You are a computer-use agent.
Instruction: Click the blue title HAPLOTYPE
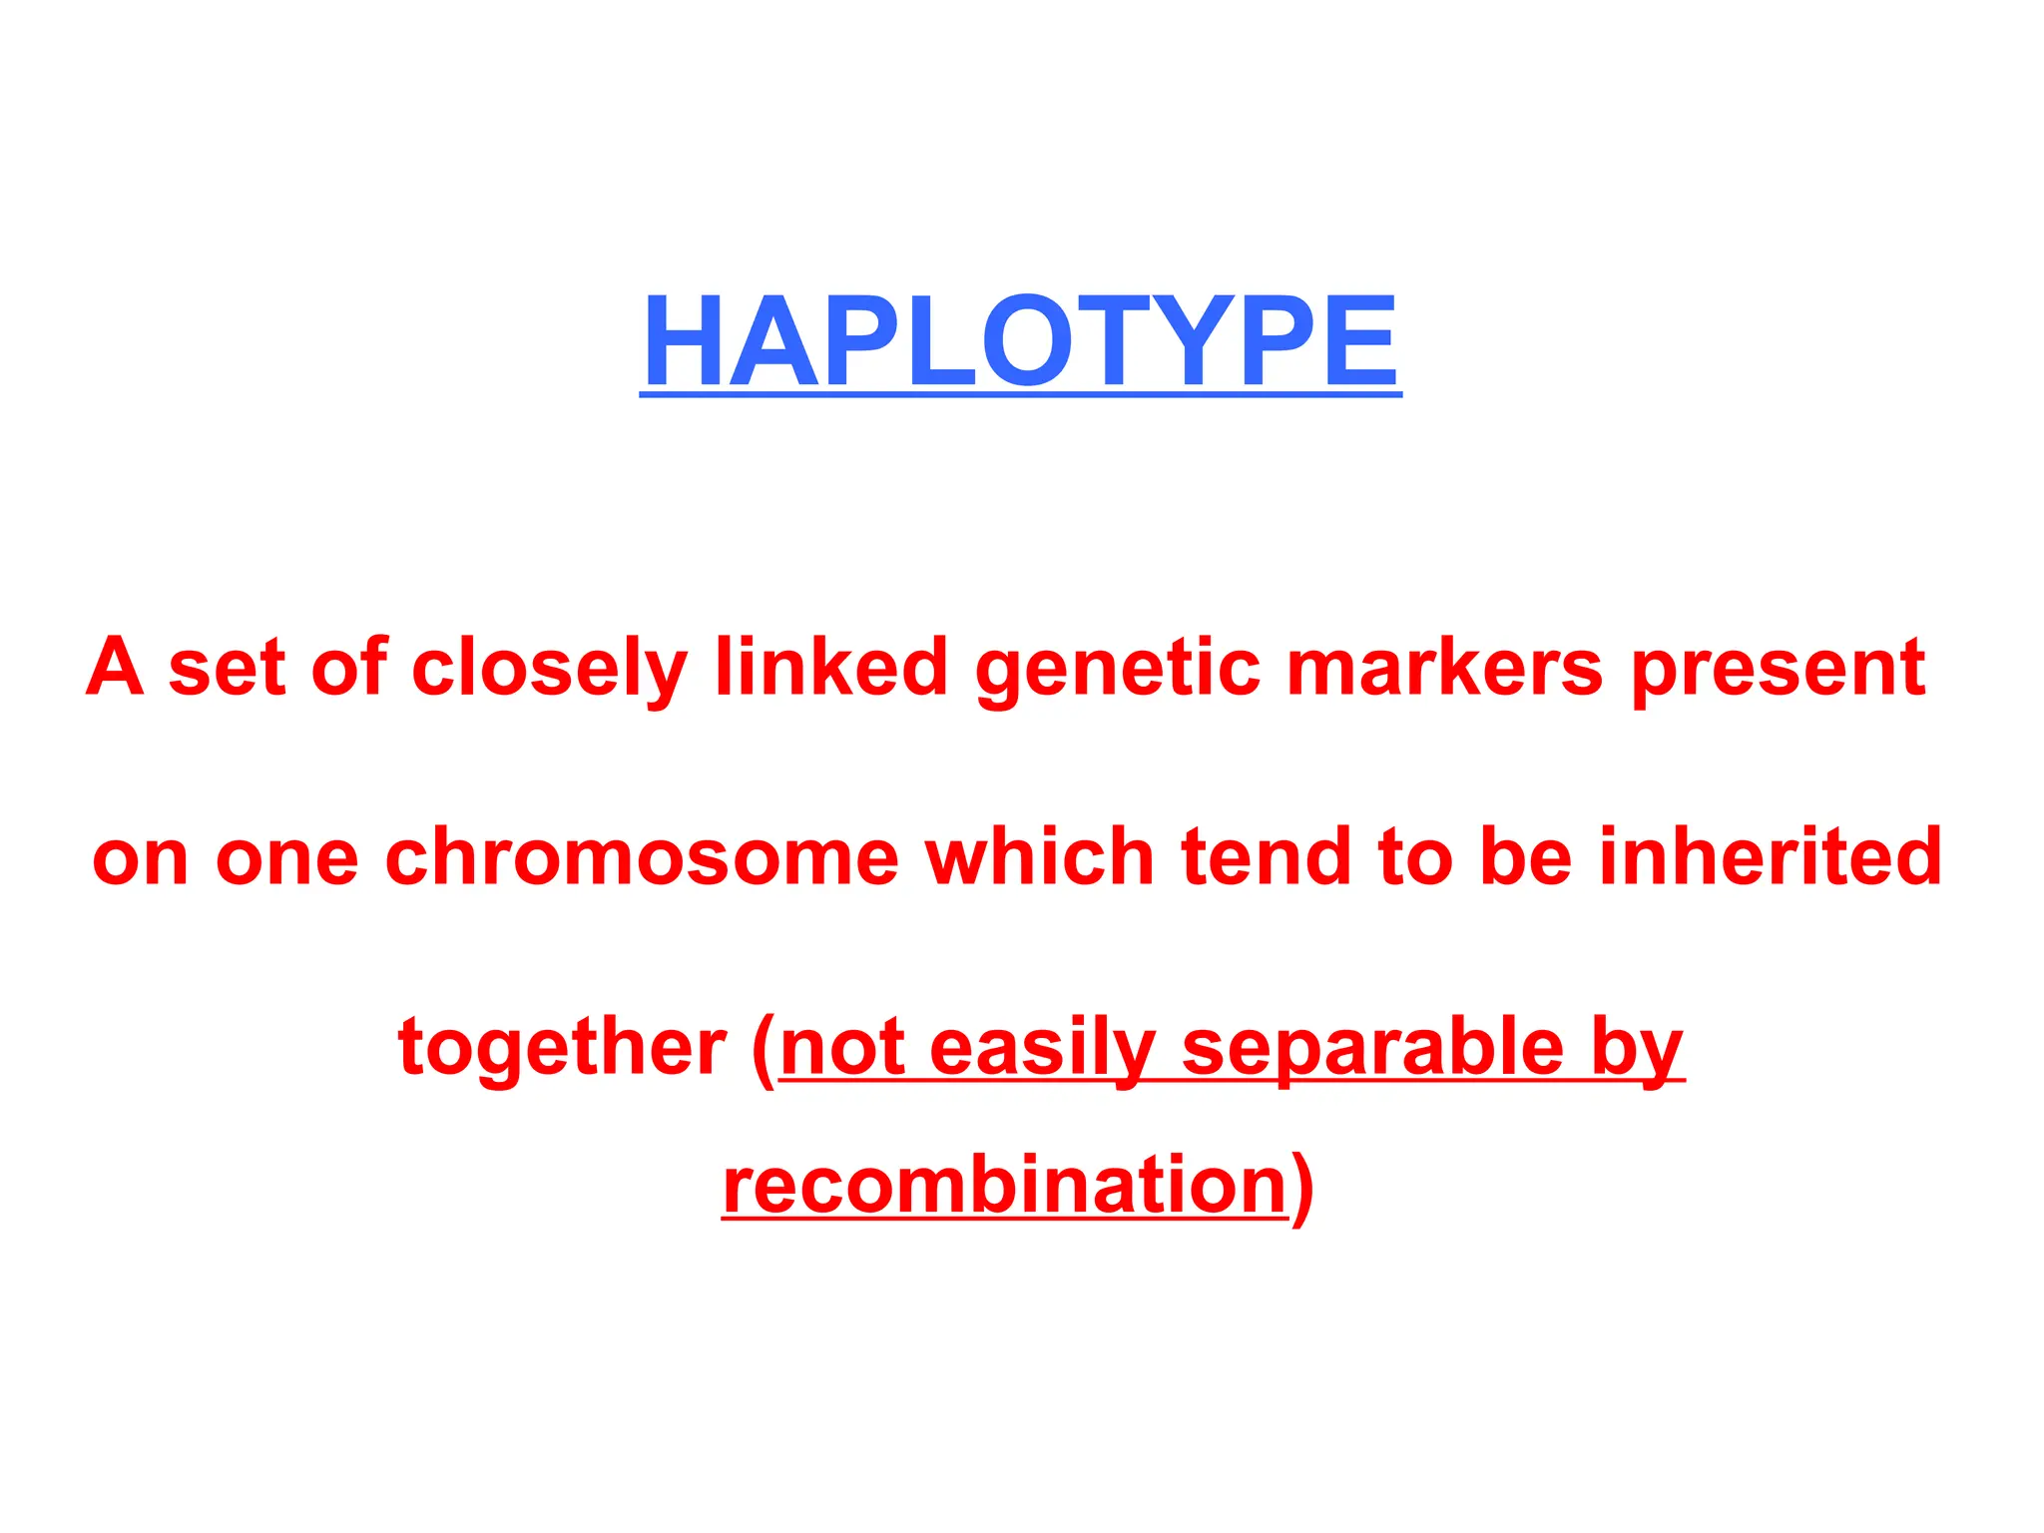(1020, 341)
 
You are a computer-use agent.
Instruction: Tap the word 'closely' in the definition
(549, 668)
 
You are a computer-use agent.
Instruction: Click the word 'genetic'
(1118, 668)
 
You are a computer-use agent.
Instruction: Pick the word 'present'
(1779, 668)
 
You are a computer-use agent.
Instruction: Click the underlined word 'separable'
(1373, 1048)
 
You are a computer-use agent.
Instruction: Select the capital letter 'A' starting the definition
(115, 666)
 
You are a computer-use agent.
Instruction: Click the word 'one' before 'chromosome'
(286, 858)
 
